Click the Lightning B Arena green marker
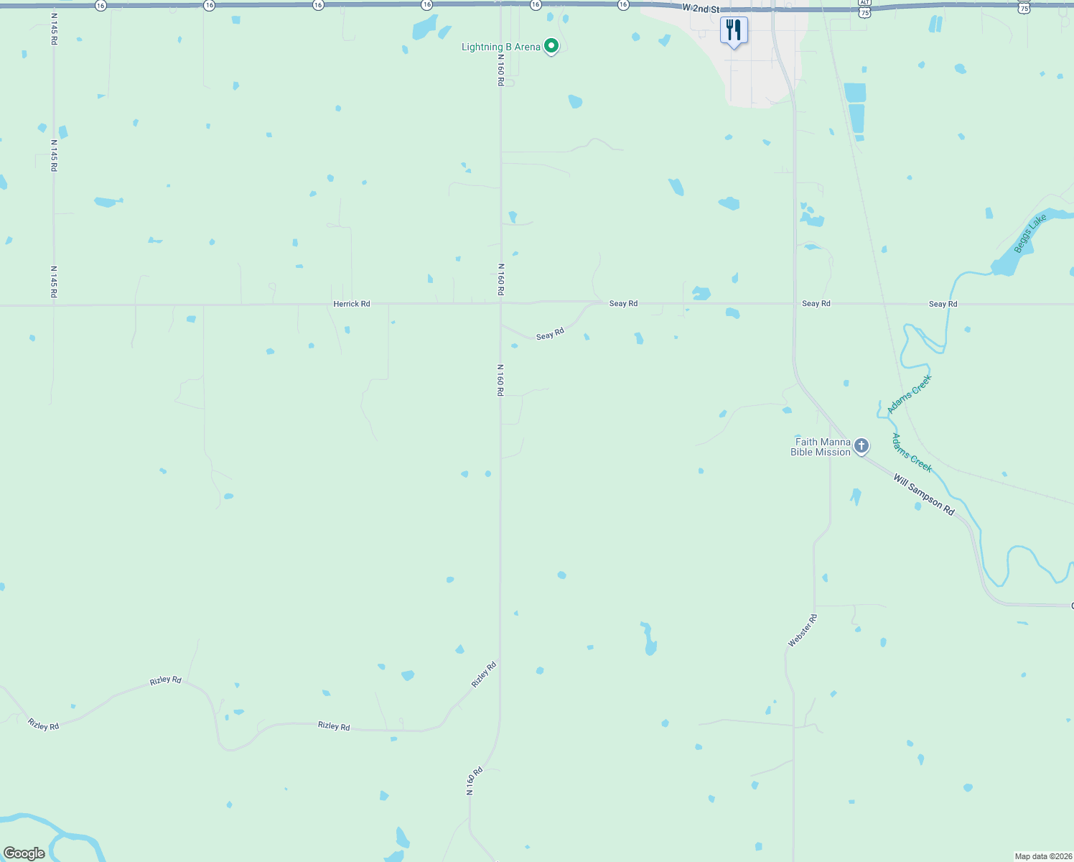click(551, 47)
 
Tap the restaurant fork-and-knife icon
click(734, 30)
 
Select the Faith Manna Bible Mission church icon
click(861, 446)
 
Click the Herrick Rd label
click(352, 304)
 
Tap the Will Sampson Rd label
click(924, 494)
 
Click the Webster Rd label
click(803, 631)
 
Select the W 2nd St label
click(701, 9)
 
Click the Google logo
click(24, 853)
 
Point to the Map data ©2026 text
click(1042, 856)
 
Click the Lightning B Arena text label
click(500, 47)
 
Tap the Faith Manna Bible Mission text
click(821, 447)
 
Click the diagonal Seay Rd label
click(550, 334)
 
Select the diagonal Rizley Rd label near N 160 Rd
click(484, 675)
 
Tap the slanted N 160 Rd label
click(475, 782)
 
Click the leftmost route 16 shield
click(100, 6)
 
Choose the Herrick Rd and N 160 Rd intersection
click(500, 304)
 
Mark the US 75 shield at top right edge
click(1024, 8)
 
